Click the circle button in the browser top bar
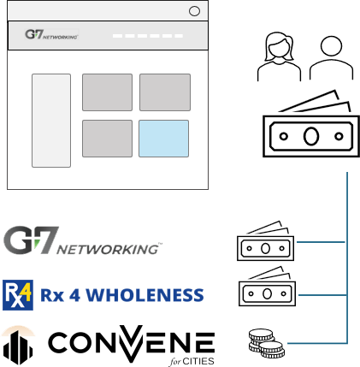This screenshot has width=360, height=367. pos(194,11)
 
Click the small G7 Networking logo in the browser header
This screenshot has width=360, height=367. pos(51,34)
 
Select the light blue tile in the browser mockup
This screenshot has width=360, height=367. pos(163,139)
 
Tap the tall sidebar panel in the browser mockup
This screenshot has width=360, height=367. pos(51,121)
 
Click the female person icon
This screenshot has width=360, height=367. pos(279,56)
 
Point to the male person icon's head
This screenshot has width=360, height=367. pos(331,46)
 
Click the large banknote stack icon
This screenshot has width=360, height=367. pos(311,123)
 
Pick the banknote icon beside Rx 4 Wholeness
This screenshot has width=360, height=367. pos(267,287)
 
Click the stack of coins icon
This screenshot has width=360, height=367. pos(267,343)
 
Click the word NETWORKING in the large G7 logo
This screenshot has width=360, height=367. pos(108,249)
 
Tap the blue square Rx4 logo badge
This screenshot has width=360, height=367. pos(18,295)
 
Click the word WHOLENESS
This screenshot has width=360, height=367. pos(145,295)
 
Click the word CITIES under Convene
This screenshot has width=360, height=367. pos(198,361)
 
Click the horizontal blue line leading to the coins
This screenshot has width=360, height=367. pos(317,343)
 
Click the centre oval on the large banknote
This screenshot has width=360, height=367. pos(311,136)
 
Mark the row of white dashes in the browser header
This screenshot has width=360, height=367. pos(148,36)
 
